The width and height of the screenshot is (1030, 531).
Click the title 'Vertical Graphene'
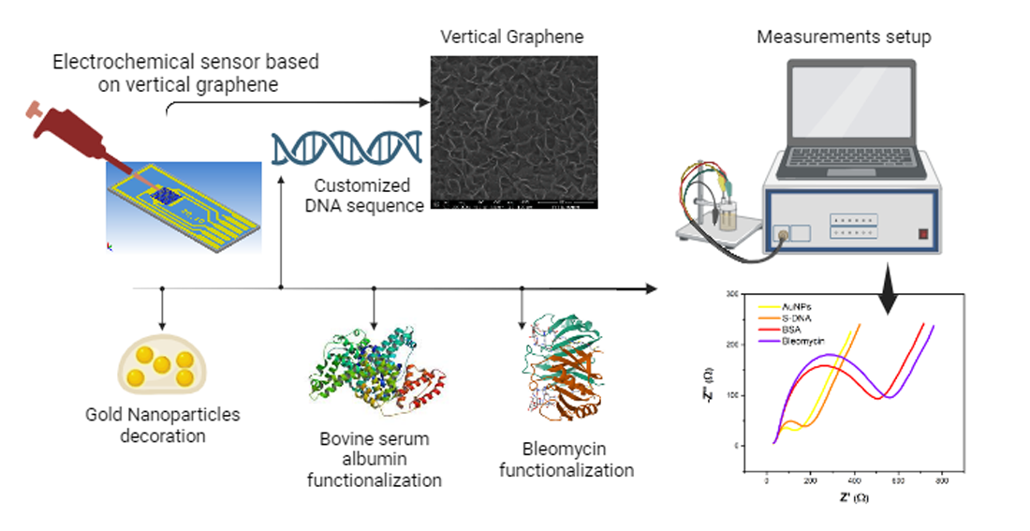[511, 38]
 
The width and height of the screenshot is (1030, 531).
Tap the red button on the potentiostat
[922, 234]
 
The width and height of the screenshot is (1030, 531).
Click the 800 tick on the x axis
[943, 480]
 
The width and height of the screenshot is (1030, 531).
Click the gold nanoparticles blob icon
[161, 365]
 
